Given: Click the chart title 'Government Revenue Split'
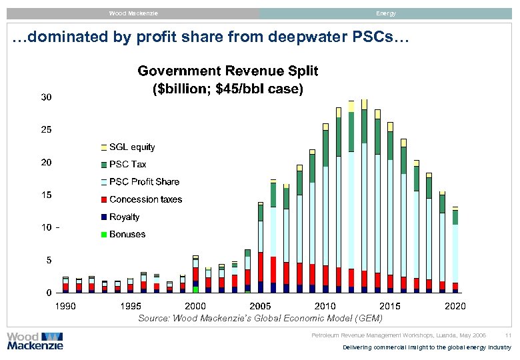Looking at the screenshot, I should click(x=227, y=71).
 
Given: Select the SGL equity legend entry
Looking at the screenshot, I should click(x=132, y=147).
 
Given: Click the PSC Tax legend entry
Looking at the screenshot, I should click(x=127, y=164).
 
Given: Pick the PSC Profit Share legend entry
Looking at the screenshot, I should click(x=144, y=181).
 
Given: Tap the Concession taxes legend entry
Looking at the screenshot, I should click(x=145, y=199).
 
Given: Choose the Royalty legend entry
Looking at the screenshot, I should click(x=124, y=217).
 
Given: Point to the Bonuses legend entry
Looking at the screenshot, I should click(x=127, y=234).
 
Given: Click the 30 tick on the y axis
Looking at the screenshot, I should click(x=47, y=97).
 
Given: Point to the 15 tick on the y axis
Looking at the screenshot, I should click(x=47, y=195).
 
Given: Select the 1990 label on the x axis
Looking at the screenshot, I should click(x=65, y=306).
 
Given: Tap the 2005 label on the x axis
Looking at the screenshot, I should click(x=260, y=306).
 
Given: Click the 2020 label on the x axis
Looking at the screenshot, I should click(x=455, y=306).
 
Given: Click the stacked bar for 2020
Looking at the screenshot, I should click(x=455, y=250).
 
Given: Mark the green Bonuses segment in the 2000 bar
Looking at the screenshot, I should click(x=195, y=289).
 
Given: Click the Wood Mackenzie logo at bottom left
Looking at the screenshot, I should click(x=35, y=341).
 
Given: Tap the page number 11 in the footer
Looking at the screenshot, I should click(x=508, y=335).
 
